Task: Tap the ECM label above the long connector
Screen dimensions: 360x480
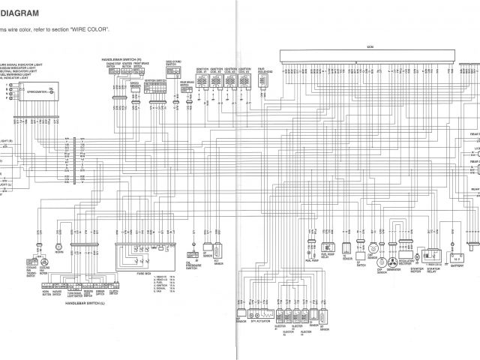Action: click(x=369, y=46)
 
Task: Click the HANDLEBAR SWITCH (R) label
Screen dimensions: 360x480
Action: click(x=119, y=58)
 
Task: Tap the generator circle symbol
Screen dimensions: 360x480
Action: click(x=391, y=264)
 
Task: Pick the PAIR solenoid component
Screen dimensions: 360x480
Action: click(x=262, y=82)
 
